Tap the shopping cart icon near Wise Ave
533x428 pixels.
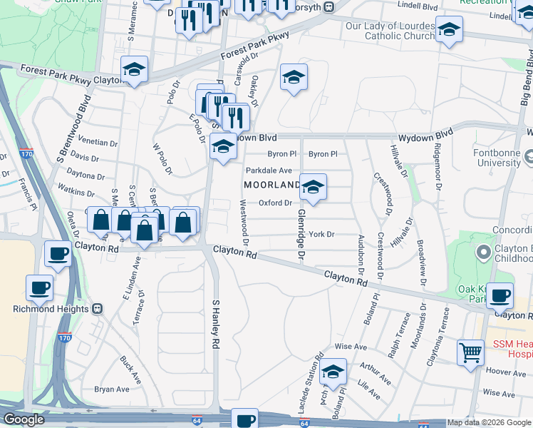click(x=470, y=352)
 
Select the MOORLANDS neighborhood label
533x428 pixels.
click(x=273, y=185)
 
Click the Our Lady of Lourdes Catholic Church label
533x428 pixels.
click(x=389, y=31)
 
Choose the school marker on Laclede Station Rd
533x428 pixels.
click(x=333, y=372)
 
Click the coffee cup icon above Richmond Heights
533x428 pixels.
click(x=40, y=287)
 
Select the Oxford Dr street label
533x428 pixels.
click(x=275, y=203)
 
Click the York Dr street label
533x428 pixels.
click(x=321, y=234)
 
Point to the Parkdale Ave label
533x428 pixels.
click(x=269, y=170)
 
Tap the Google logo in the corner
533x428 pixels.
click(x=24, y=419)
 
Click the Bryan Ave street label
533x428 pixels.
click(x=112, y=389)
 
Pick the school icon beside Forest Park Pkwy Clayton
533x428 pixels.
click(x=134, y=70)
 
